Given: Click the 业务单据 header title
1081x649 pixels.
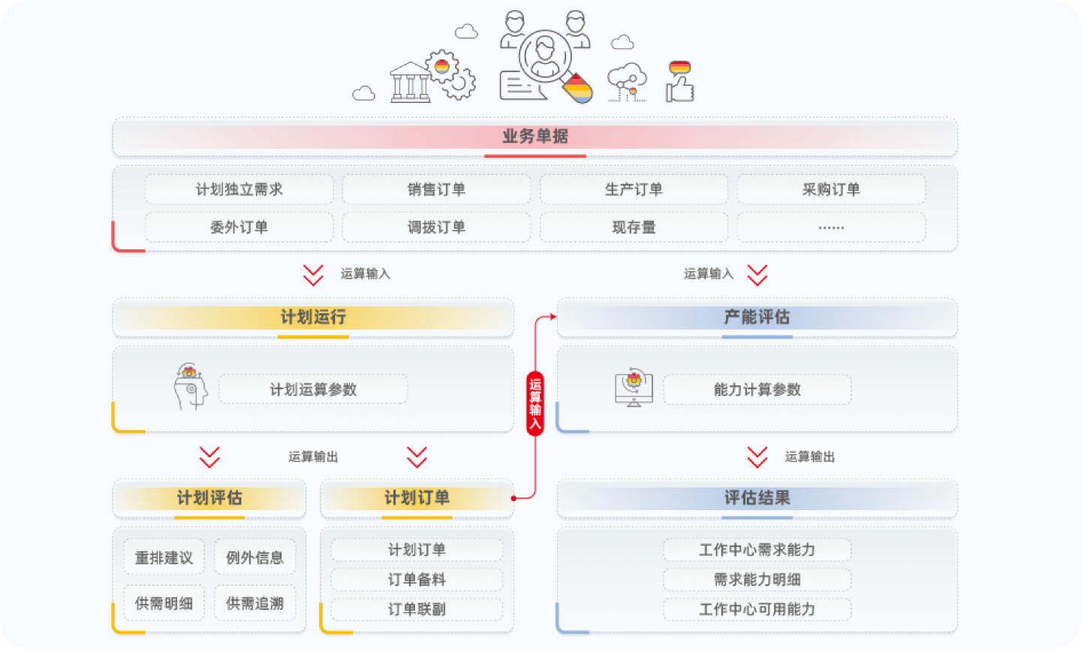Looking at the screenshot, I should point(534,137).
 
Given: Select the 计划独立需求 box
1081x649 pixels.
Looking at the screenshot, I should point(239,189).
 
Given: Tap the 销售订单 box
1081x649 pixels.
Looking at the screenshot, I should point(436,189).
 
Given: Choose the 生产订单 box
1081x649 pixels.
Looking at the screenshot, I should point(634,189).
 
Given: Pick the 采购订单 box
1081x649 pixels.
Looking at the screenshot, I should point(831,189).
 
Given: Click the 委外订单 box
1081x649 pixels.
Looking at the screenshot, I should point(239,227).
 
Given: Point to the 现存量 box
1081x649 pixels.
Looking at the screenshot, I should point(634,227).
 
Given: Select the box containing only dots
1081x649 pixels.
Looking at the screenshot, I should point(831,227).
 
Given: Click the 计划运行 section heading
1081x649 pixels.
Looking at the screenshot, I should point(313,317).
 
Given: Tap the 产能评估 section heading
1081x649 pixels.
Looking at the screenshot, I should point(757,317).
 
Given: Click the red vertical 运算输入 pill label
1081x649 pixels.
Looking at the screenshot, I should point(534,403).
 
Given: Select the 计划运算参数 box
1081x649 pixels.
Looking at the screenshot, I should point(313,389).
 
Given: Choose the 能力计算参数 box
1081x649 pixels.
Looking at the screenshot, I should point(757,389).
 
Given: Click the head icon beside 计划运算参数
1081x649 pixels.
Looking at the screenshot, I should point(190,387).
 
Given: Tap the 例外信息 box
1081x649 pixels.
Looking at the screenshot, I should point(254,557).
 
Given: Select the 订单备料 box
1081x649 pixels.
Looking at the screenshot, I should point(417,579).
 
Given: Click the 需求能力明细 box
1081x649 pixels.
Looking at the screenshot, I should point(757,579).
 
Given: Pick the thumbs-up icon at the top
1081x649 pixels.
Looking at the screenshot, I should point(680,82).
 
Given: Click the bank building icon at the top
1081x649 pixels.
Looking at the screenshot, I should point(411,82).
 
